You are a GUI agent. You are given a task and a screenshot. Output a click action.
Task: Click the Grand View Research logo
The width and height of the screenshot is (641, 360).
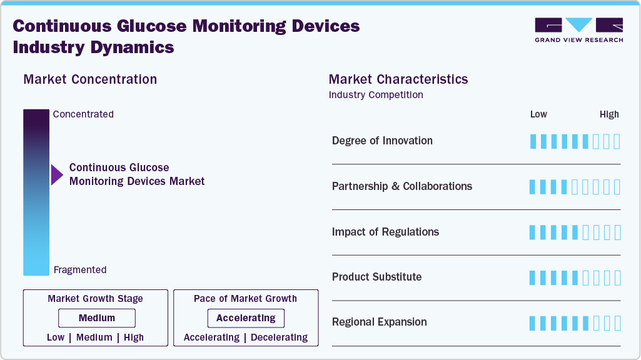[578, 30]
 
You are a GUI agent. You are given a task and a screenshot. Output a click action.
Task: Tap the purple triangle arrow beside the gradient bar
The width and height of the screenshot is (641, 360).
[57, 175]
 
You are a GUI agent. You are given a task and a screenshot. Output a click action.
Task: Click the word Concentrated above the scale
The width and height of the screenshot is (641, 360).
[83, 114]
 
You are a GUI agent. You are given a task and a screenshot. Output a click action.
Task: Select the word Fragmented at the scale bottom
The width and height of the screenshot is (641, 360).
[80, 270]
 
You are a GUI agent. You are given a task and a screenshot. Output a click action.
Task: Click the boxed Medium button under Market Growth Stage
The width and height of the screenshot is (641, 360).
[97, 318]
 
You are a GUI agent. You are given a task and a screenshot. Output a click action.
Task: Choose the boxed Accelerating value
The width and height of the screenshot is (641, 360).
[246, 318]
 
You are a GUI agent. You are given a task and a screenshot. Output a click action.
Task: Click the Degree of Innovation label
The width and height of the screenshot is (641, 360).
[382, 141]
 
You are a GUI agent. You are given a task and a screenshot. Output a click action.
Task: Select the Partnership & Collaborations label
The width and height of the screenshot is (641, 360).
[402, 186]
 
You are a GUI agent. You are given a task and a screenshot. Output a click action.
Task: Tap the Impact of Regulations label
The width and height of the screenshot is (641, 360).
[385, 232]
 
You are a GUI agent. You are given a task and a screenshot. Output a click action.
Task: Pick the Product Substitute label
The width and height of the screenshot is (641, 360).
[376, 277]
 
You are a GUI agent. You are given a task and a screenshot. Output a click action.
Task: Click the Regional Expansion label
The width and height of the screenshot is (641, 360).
[380, 322]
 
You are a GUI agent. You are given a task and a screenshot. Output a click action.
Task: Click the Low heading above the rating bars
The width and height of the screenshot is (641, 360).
[538, 114]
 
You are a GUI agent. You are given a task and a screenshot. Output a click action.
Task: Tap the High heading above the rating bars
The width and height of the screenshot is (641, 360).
[609, 114]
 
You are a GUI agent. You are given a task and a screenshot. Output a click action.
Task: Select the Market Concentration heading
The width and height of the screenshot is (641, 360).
[90, 79]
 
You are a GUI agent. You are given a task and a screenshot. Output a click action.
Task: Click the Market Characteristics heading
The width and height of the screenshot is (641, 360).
[398, 79]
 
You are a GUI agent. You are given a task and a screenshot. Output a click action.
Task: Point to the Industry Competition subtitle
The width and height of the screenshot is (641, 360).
[376, 95]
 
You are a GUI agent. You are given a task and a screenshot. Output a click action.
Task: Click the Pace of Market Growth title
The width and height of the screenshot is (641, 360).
[245, 299]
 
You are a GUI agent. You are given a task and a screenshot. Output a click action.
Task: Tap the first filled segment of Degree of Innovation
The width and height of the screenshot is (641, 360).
[533, 141]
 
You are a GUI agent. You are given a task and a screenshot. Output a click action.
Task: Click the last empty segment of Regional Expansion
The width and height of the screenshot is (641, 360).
[617, 323]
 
